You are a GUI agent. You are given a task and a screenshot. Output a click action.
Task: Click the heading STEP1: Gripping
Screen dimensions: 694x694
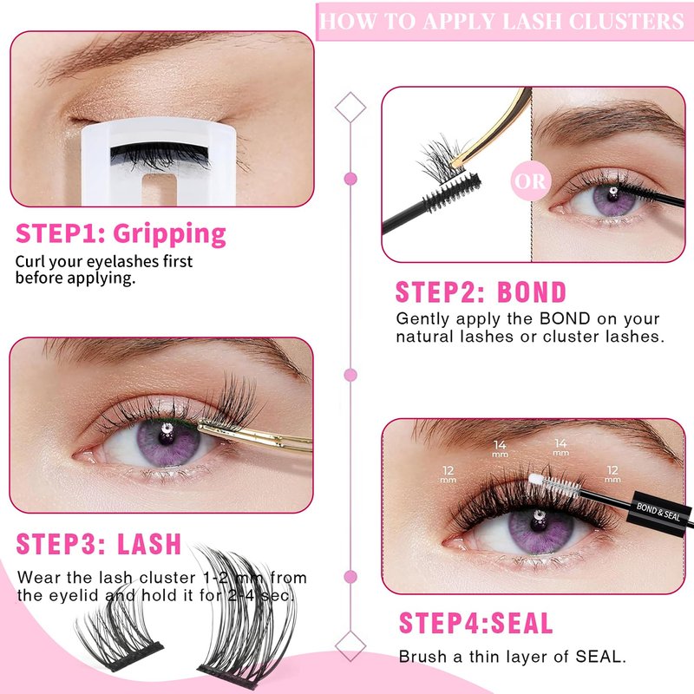(x=121, y=233)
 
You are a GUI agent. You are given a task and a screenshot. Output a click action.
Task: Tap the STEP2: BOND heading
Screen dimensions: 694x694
(x=481, y=292)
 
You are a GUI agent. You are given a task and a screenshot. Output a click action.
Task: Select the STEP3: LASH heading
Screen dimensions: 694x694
(x=99, y=544)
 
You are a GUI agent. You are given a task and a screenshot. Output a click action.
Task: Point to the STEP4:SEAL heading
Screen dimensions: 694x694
(x=475, y=623)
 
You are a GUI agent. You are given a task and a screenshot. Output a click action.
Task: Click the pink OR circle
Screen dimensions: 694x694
(x=530, y=181)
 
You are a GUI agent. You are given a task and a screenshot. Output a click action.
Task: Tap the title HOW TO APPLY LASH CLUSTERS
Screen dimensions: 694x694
(x=502, y=21)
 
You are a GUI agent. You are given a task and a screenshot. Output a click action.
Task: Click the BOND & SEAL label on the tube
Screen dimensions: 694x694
(x=658, y=512)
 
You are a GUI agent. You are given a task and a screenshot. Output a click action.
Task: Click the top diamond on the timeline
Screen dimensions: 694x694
(x=350, y=107)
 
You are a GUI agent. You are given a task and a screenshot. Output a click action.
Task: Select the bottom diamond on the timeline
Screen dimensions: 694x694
(x=350, y=646)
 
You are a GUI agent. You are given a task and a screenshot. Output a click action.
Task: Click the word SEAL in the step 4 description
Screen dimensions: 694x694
(x=599, y=657)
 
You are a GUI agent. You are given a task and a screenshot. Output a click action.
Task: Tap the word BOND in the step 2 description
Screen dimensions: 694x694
(x=565, y=318)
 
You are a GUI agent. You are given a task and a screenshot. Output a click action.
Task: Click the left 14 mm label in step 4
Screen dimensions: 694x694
(x=500, y=448)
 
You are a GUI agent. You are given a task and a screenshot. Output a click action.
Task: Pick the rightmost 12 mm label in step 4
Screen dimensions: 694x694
(x=612, y=474)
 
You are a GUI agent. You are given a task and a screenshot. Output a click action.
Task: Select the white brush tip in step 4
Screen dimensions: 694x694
(x=536, y=480)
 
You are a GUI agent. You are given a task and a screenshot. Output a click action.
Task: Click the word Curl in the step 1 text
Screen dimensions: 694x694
(x=30, y=262)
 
